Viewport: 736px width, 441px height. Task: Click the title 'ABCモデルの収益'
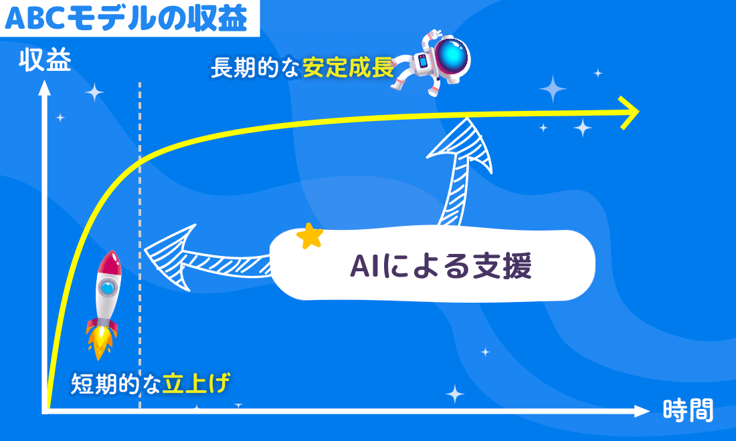tap(126, 19)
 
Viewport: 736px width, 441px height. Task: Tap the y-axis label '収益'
tap(45, 60)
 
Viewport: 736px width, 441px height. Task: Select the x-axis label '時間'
tap(688, 410)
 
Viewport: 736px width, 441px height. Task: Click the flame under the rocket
tap(100, 342)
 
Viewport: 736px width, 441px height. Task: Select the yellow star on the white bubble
tap(310, 236)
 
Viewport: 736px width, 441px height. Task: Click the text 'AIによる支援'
tap(440, 266)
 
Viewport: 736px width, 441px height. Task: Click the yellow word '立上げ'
tap(196, 384)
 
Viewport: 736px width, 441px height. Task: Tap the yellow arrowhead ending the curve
tap(628, 112)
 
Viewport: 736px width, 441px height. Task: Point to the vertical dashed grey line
tap(140, 246)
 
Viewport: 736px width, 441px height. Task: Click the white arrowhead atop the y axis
tap(44, 88)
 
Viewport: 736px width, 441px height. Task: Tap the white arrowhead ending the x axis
tap(642, 411)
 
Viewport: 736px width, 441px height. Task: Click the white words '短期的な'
tap(116, 384)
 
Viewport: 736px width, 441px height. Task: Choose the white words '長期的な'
tap(255, 68)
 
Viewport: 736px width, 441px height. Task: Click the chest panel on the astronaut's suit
tap(422, 61)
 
